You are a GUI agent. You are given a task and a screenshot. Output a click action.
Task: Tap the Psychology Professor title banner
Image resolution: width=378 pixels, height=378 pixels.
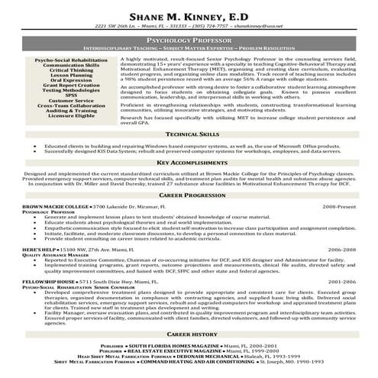point(188,38)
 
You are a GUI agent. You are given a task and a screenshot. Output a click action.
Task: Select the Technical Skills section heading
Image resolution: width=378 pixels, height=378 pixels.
point(188,134)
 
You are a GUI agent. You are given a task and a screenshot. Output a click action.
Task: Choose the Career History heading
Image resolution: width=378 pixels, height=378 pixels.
point(188,334)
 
